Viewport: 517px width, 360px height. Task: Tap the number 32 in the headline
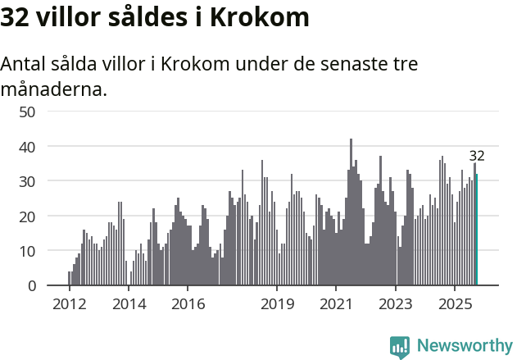coord(16,17)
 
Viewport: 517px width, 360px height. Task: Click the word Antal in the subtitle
coord(25,65)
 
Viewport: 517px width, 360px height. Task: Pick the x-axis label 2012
coord(69,305)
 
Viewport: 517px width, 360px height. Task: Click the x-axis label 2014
coord(129,305)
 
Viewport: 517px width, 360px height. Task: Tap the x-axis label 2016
coord(188,305)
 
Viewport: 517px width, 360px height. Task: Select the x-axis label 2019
coord(277,305)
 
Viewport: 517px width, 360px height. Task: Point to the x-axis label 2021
coord(336,305)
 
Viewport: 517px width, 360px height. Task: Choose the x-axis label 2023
coord(396,305)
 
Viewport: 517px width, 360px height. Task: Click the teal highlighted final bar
coord(477,230)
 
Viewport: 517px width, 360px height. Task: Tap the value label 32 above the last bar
coord(477,156)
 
